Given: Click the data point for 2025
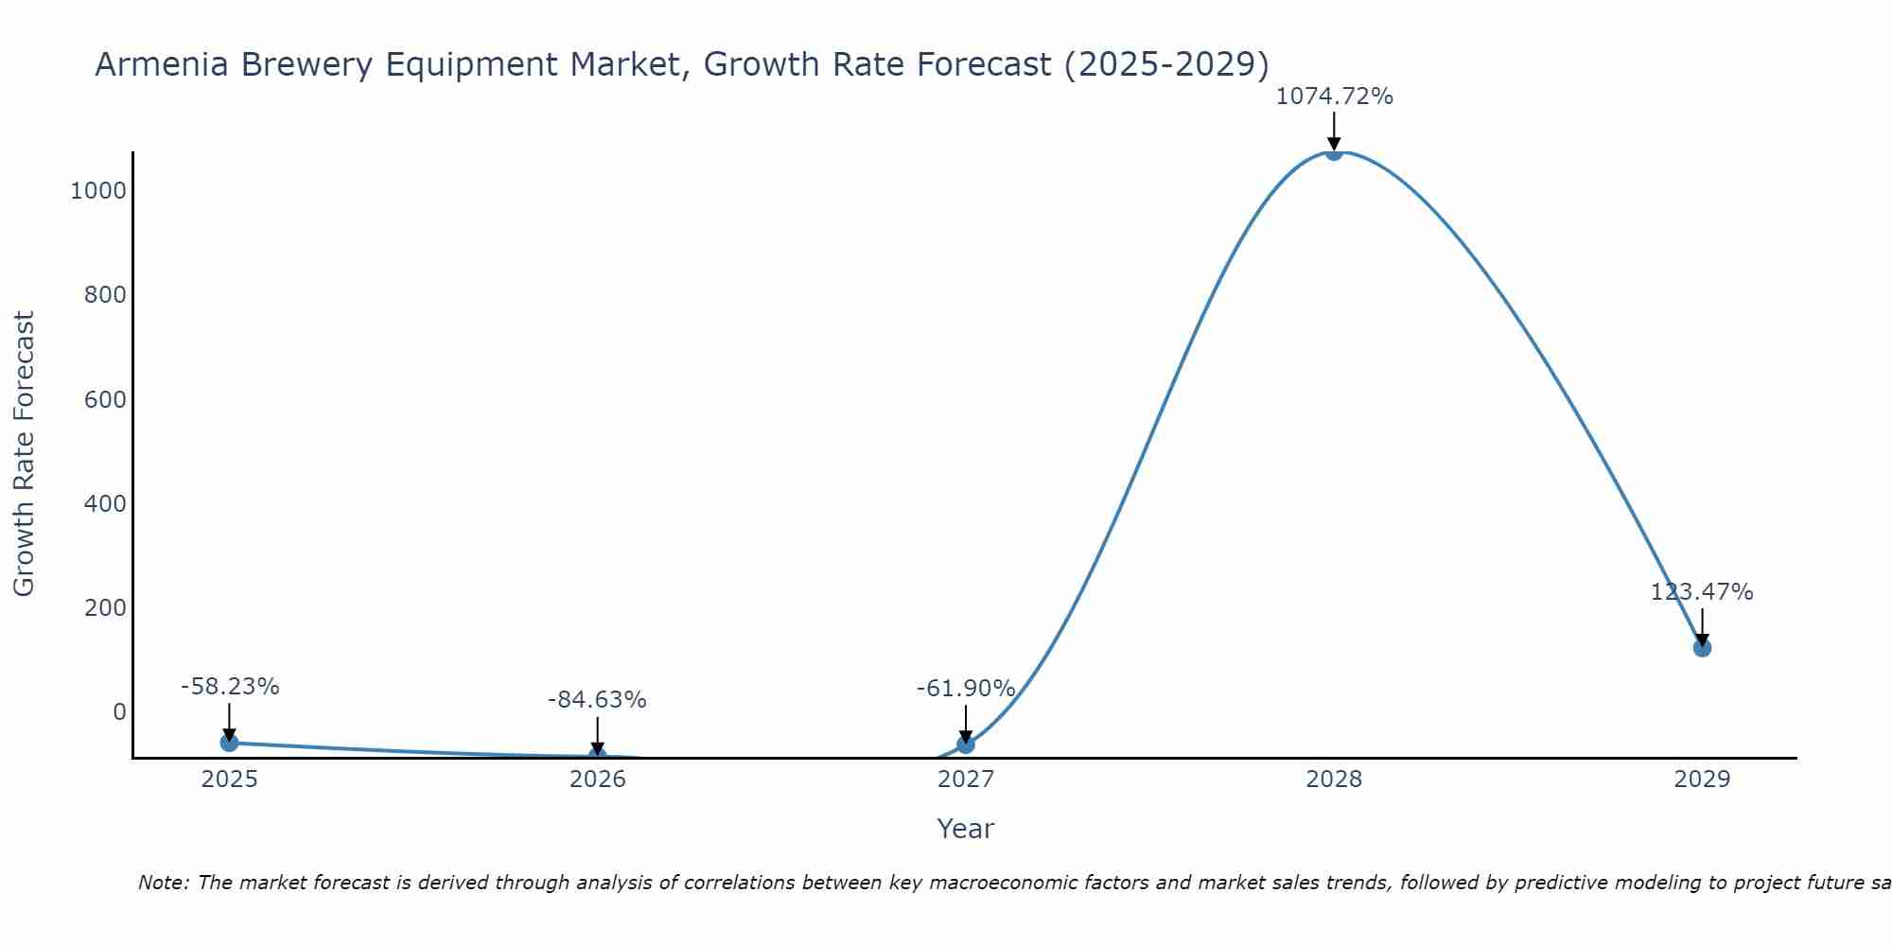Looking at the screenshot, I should [229, 743].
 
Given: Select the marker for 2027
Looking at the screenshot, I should [965, 745].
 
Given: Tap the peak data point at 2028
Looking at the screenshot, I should [1334, 151].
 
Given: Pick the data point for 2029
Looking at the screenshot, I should [1702, 648].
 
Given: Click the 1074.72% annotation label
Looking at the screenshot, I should [1334, 96].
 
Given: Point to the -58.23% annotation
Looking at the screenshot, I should [230, 687].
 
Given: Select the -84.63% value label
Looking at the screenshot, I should [597, 700].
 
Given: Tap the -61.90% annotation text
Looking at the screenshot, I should [965, 689].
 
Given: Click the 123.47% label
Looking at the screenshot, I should [1702, 592].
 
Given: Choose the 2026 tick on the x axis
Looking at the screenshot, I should [597, 780].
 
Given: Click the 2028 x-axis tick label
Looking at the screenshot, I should [1334, 780].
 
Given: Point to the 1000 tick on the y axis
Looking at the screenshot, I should [98, 191].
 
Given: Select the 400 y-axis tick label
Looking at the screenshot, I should [105, 503].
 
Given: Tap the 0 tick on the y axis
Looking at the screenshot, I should [119, 711].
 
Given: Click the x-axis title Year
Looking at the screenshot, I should [965, 829].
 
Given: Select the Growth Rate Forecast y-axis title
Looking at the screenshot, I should [24, 454].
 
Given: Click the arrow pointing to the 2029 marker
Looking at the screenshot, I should [1702, 626].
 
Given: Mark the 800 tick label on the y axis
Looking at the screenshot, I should [105, 295].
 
